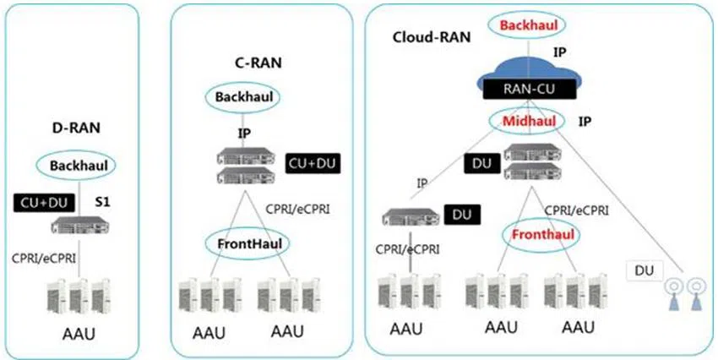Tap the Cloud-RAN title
click(x=422, y=37)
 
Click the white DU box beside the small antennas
click(x=644, y=270)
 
